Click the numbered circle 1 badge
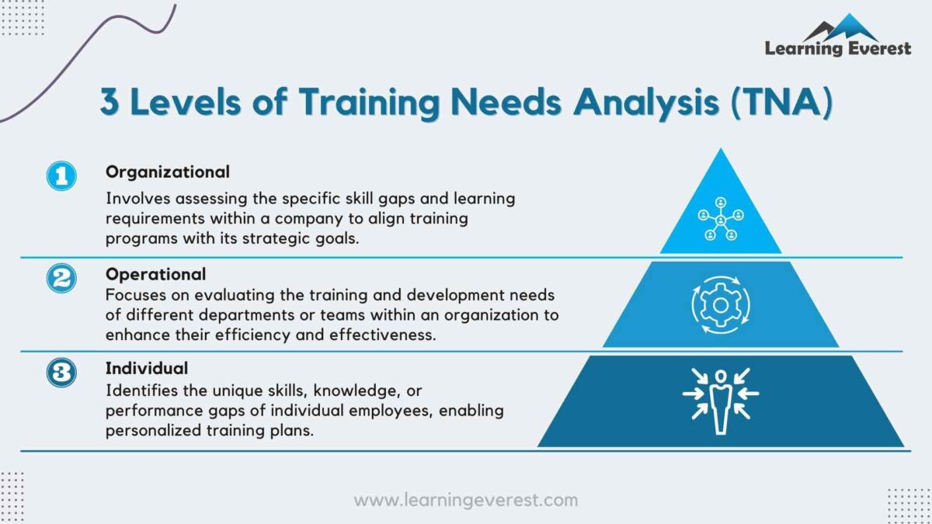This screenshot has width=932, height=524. [61, 176]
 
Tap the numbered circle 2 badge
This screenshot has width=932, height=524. [61, 277]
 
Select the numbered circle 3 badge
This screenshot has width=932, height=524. [61, 373]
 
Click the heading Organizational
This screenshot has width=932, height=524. [168, 172]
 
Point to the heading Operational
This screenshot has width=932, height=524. [156, 274]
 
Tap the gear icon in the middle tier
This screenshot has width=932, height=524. [721, 305]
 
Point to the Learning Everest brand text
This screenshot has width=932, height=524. [837, 49]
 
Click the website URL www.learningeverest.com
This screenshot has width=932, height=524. [465, 500]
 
